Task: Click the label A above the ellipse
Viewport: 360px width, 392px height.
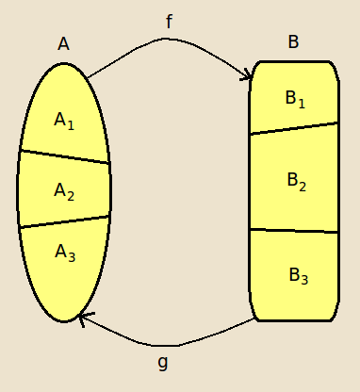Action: pos(63,43)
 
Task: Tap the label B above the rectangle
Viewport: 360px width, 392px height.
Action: pos(293,42)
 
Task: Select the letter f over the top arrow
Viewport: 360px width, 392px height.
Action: pos(169,22)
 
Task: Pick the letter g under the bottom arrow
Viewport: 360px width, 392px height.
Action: pos(162,361)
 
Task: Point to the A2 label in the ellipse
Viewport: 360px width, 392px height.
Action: pos(64,191)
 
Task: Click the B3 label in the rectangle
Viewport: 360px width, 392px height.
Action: pos(298,276)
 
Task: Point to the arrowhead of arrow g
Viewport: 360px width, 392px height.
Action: pos(83,318)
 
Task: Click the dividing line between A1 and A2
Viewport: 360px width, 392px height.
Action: pos(64,157)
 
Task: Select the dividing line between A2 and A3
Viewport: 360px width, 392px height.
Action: pos(64,221)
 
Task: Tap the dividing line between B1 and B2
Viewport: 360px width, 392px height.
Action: pos(294,128)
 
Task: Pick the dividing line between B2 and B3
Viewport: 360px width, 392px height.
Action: pos(294,231)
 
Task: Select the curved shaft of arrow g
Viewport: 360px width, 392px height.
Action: pos(170,345)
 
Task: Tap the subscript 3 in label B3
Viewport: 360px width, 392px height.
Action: pos(304,280)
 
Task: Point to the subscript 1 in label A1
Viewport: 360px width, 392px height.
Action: pos(71,124)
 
